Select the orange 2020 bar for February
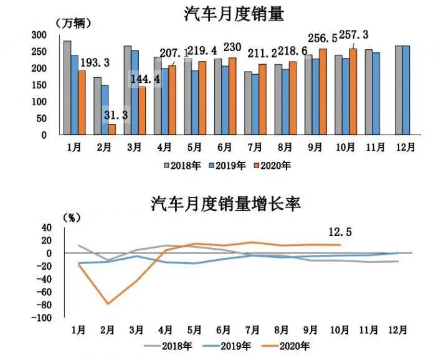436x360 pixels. click(x=112, y=129)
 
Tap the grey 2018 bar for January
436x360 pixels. click(x=67, y=87)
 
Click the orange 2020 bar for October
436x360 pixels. click(x=354, y=91)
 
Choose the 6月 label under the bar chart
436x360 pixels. click(x=224, y=148)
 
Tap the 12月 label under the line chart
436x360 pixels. click(x=404, y=330)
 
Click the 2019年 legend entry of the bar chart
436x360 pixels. click(x=227, y=166)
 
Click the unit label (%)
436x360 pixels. click(x=72, y=217)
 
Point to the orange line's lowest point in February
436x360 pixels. click(x=109, y=304)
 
